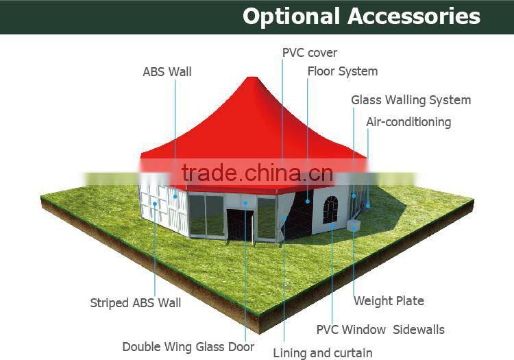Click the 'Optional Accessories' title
click(361, 16)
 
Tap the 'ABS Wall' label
click(167, 71)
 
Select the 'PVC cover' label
click(310, 53)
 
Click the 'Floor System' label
click(342, 71)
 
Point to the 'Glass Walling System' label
click(411, 100)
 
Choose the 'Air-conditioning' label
click(408, 122)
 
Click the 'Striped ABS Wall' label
click(135, 302)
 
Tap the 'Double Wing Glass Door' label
click(188, 347)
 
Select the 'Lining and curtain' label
click(323, 353)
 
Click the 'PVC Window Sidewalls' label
click(380, 330)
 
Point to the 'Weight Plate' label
click(389, 301)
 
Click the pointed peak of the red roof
click(255, 80)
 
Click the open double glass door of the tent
click(241, 224)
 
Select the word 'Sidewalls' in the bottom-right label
click(419, 330)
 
